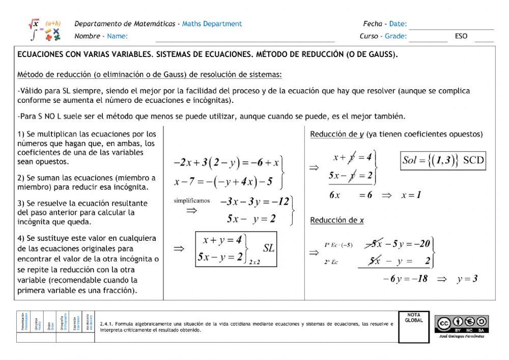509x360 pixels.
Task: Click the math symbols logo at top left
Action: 45,30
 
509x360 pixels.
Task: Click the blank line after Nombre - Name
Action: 244,37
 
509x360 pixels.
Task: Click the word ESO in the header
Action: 461,37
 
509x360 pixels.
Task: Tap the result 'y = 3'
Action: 467,279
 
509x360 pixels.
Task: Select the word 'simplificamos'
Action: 191,201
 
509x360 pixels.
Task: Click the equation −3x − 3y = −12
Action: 254,201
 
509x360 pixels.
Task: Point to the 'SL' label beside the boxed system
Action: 268,248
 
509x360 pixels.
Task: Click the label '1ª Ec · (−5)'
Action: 338,245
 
